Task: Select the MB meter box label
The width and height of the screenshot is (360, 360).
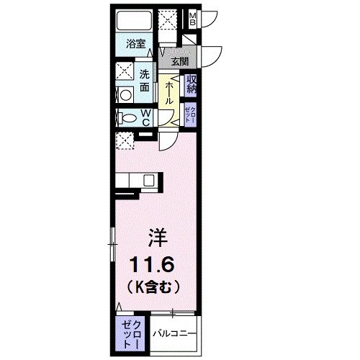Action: coord(192,18)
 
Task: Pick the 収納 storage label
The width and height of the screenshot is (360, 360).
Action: coord(193,84)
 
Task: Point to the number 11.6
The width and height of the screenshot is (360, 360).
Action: coord(153,261)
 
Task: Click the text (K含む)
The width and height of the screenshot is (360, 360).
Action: coord(153,284)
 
